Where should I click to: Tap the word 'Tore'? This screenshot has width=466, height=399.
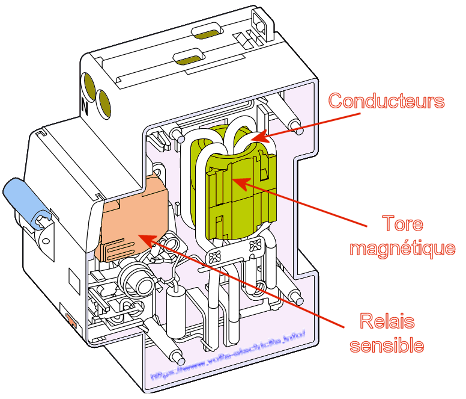coord(402,224)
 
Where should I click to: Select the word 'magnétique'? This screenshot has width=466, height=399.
coord(402,247)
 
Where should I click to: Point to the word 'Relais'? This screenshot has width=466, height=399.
coord(387,321)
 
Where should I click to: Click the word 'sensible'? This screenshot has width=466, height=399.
coord(387,345)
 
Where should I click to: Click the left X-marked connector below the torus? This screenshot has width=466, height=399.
coord(217,259)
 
